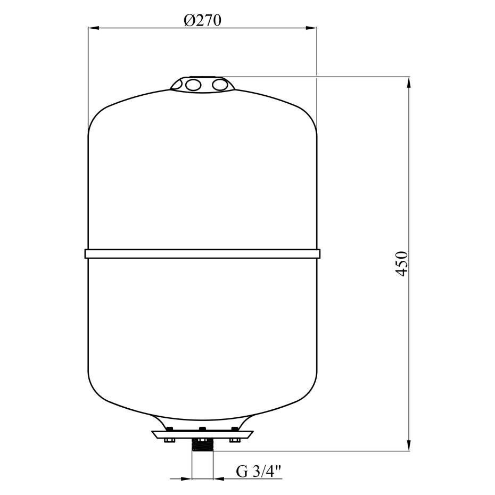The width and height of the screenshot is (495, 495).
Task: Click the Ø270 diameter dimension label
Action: point(202,21)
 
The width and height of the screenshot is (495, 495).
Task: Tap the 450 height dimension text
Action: point(401,264)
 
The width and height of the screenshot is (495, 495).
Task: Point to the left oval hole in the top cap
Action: point(193,85)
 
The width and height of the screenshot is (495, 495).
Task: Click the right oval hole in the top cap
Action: point(220,85)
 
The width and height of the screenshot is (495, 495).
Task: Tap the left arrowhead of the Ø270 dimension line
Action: point(94,28)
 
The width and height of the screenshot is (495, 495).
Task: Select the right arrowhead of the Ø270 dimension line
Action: point(311,28)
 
